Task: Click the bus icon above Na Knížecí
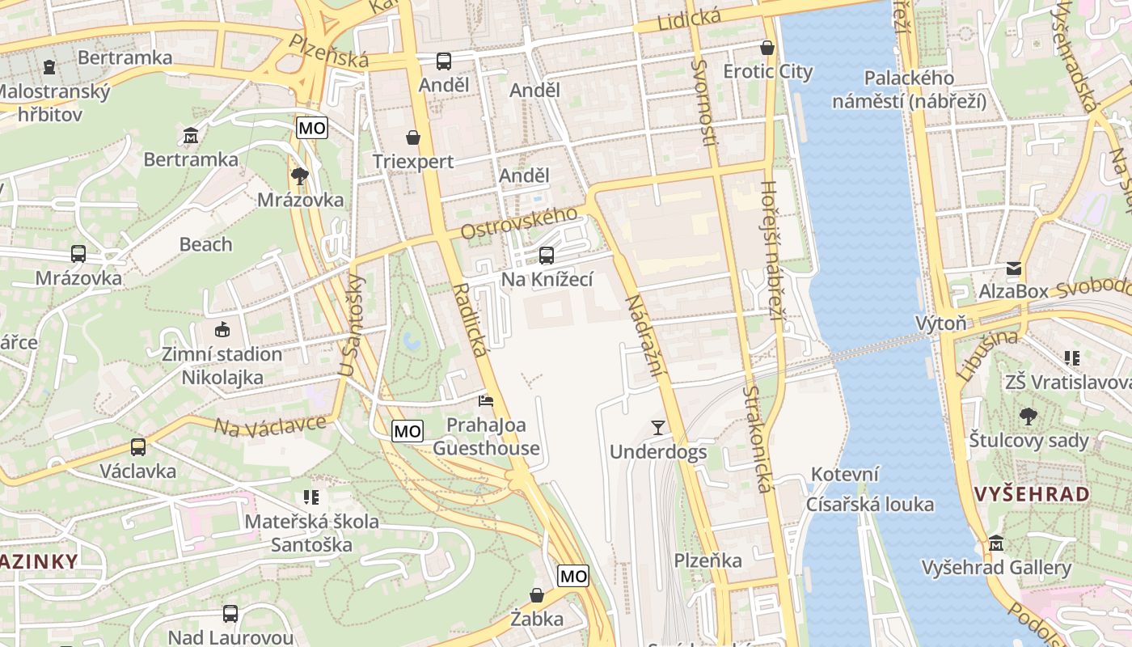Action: point(547,256)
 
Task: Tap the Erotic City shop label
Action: point(767,71)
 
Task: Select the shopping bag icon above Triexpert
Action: point(413,137)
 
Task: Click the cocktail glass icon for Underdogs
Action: point(658,428)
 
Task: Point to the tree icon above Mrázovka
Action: point(300,175)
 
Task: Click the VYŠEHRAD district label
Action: point(1031,494)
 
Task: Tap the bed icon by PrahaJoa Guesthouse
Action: point(486,400)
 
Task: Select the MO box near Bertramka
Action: point(312,128)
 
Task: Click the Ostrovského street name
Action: point(519,223)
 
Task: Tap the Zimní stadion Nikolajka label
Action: point(222,366)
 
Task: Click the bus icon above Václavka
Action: point(138,446)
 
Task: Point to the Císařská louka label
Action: point(869,505)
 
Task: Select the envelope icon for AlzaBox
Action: point(1013,269)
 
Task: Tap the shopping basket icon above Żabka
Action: point(537,596)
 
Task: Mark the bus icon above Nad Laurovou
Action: point(230,614)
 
